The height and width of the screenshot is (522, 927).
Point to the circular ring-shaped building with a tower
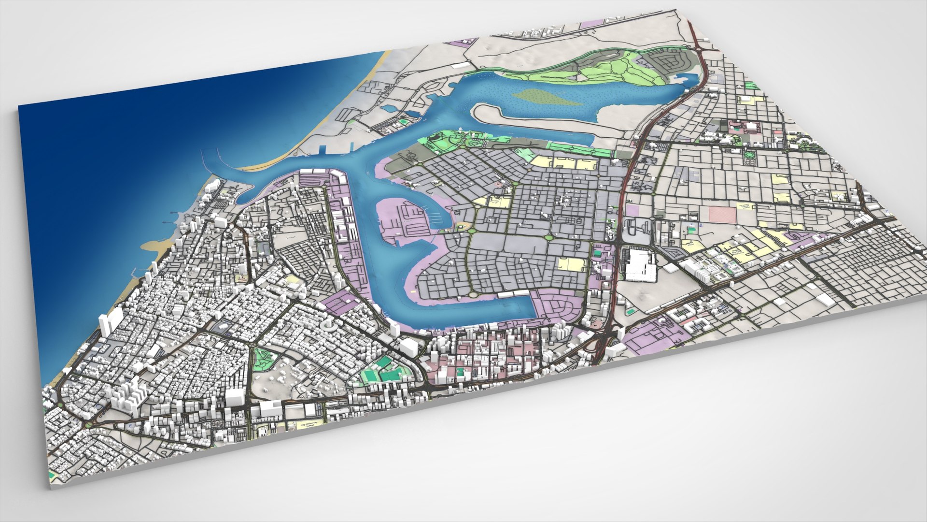coord(330,327)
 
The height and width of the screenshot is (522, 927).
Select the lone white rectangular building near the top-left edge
coord(461,65)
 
